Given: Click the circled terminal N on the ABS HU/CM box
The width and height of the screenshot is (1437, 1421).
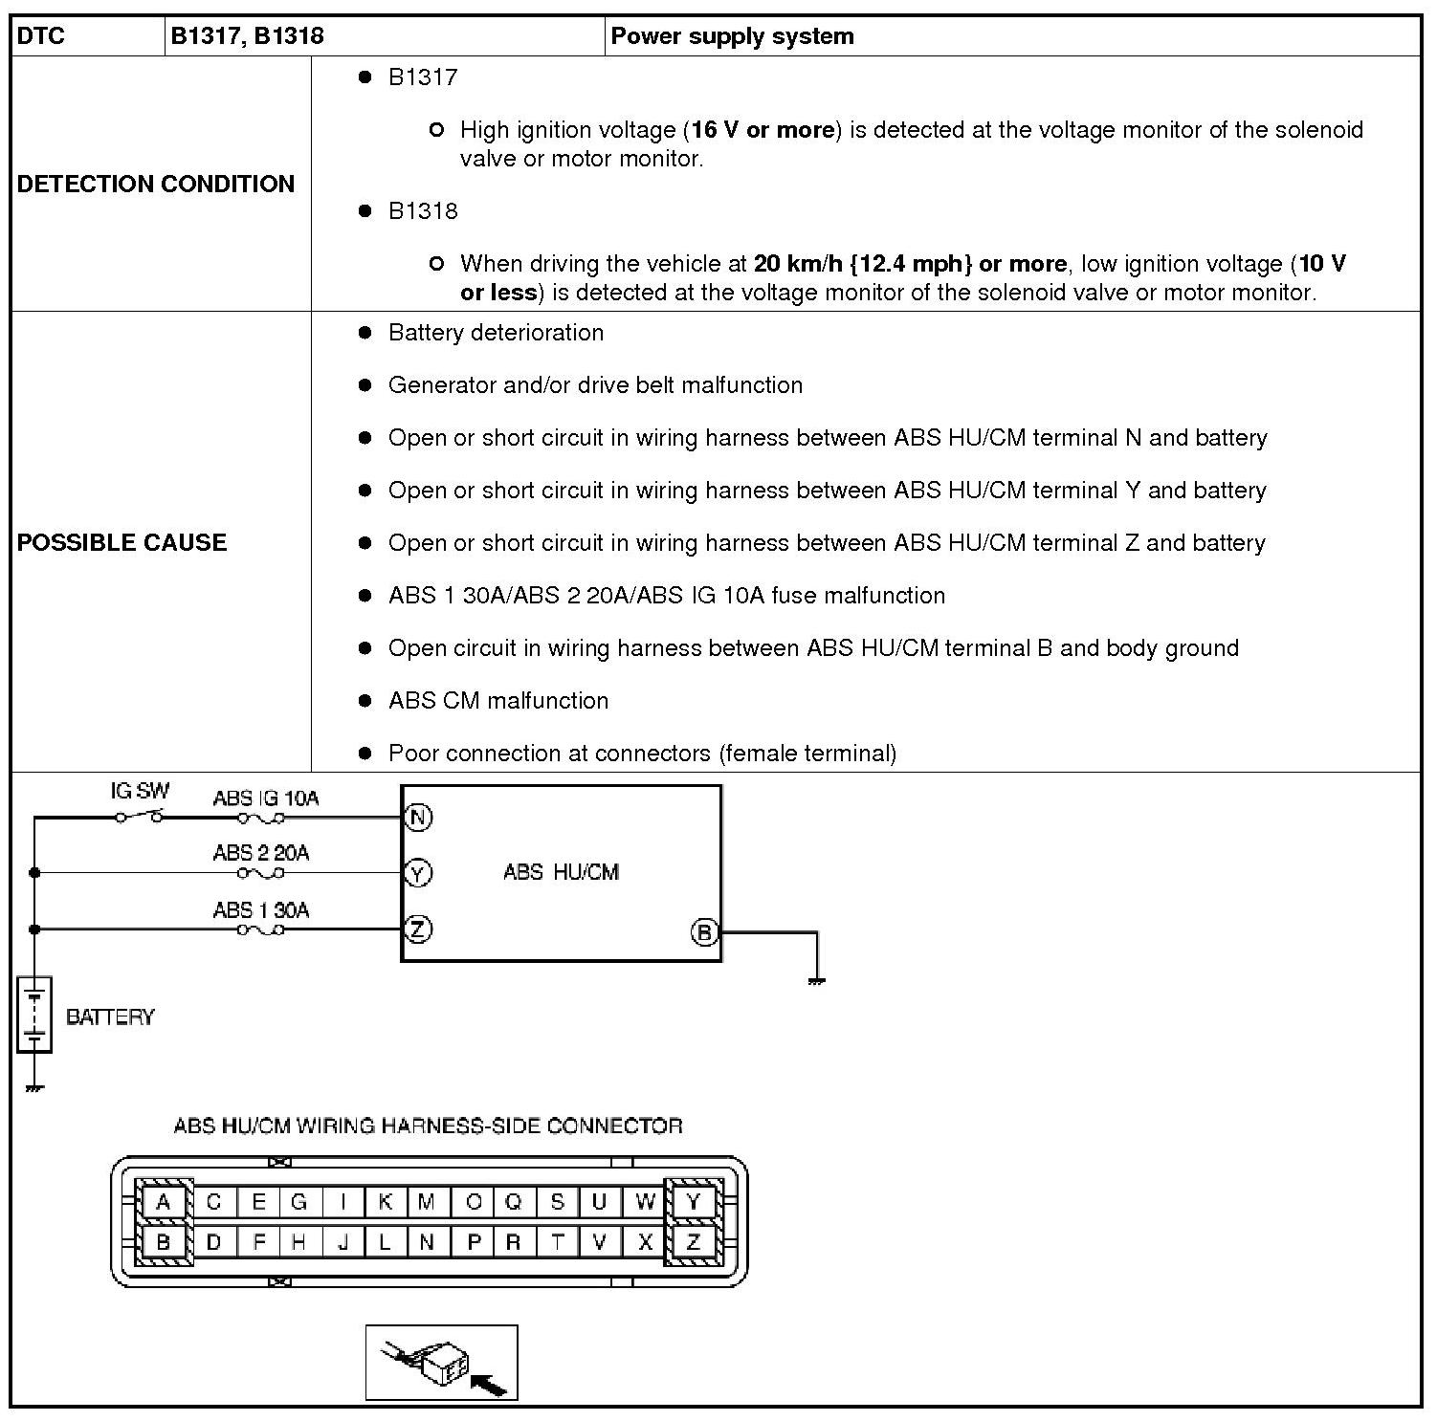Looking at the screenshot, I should pos(418,818).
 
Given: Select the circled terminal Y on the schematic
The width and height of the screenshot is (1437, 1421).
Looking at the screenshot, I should pos(418,873).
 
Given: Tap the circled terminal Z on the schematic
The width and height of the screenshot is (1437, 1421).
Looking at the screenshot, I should pos(418,929).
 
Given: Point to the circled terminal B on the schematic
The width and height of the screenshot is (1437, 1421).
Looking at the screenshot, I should pos(704,932).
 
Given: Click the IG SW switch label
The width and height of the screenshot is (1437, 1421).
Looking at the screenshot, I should pos(140,791).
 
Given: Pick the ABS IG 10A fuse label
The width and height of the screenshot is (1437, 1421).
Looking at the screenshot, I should pos(265,798).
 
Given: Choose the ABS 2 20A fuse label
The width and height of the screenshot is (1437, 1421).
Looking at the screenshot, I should pos(261,853).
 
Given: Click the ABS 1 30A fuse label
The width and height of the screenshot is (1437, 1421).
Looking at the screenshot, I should pos(261,909).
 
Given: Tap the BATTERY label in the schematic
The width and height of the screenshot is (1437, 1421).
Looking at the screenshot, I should pos(110,1017).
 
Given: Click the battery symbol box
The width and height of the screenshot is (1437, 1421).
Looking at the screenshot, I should pos(34,1015).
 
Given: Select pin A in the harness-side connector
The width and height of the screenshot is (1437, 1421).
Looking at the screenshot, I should pos(164,1202).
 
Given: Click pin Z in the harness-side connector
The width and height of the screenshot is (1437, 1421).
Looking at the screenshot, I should pos(694,1242).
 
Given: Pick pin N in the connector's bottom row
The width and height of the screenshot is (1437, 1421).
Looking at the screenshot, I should pos(427,1242).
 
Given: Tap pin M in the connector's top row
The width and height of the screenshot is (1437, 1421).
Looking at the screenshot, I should pos(427,1202).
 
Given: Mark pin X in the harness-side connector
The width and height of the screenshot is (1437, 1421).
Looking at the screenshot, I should pos(645,1242).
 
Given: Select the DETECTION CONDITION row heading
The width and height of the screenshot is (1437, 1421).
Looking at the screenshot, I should pos(156,184).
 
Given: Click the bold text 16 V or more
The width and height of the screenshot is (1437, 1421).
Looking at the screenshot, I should pos(763,130).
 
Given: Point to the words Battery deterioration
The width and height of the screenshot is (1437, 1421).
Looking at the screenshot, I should pos(496,333).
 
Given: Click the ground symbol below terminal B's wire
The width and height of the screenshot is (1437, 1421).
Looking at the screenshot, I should pos(816,981).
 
